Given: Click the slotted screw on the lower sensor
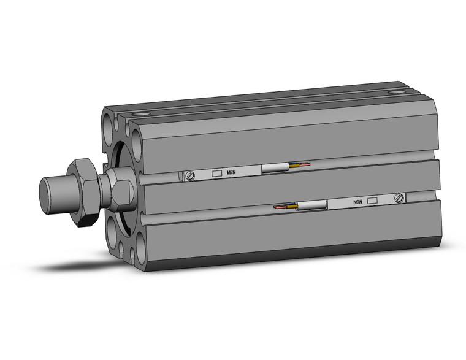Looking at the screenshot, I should (400, 198).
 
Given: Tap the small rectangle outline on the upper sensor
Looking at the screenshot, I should (216, 174).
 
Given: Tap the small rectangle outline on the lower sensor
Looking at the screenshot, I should (372, 200).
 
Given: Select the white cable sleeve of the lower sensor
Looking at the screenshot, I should (312, 205).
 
